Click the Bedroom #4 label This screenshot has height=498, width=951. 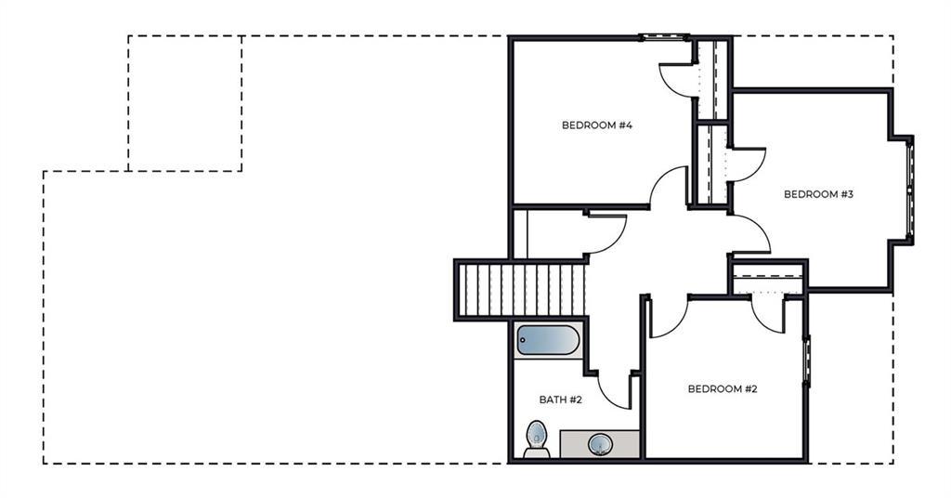597,125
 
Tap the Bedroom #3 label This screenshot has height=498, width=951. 818,195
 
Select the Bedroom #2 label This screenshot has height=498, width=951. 723,388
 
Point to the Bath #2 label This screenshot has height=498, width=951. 560,400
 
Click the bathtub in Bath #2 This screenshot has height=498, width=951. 548,340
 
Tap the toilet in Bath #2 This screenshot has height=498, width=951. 537,439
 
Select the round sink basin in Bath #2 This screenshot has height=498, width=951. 601,445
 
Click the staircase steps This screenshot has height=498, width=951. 522,290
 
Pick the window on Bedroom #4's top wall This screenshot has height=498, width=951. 665,37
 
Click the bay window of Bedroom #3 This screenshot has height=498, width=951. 909,190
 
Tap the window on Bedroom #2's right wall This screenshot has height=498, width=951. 806,360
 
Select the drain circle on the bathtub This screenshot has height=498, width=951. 523,340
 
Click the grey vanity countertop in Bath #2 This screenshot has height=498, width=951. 599,444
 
